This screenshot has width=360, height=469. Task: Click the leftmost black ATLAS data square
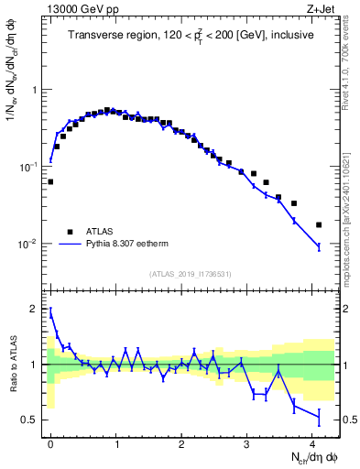(x=50, y=181)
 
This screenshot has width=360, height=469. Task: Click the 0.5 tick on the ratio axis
(x=32, y=420)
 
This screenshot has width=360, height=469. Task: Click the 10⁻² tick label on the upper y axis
(x=30, y=245)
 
